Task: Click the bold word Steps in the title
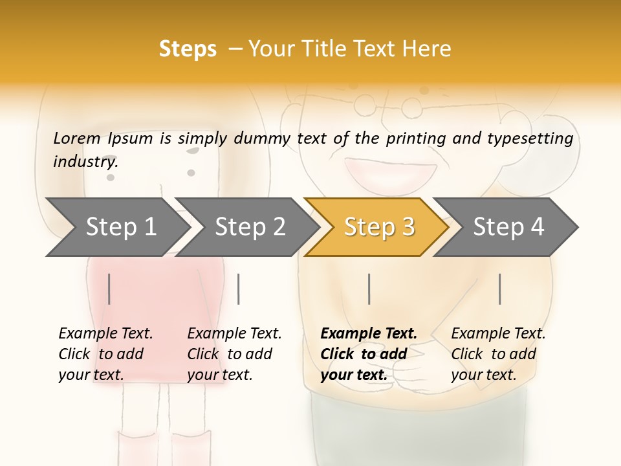coord(188,49)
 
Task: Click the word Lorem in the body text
coord(77,138)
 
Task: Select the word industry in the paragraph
coord(85,161)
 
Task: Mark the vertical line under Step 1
coord(109,289)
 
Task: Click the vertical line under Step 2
coord(239,289)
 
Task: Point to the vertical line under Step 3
coord(369,289)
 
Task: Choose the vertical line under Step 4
coord(499,289)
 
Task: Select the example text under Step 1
coord(105,354)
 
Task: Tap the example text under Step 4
coord(498,354)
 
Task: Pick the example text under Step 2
coord(234,354)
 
